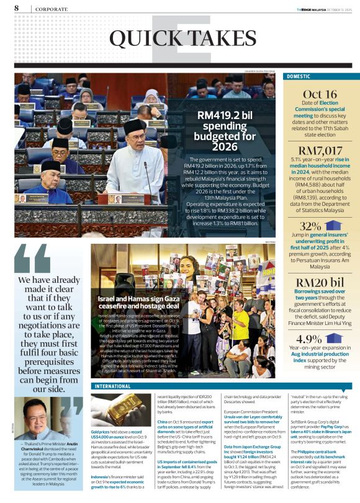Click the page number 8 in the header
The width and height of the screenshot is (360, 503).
point(16,8)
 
